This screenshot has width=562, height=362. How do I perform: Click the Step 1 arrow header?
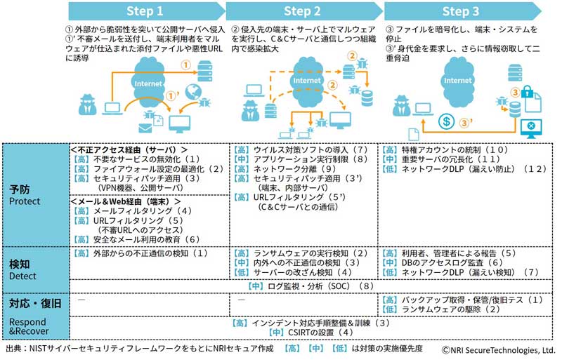coord(146,11)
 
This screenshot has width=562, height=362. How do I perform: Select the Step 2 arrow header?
coord(304,11)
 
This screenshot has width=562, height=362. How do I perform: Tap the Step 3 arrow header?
coord(462,11)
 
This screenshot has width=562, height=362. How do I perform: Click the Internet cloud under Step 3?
coord(457,81)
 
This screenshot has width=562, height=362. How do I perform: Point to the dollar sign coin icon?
coord(446,121)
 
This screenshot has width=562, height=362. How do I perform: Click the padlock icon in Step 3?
coord(527,92)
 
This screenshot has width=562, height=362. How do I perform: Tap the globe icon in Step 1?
coord(194,92)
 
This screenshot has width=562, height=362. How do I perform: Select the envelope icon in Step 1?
coord(145,128)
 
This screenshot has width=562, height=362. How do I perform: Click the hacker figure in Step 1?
coord(87,105)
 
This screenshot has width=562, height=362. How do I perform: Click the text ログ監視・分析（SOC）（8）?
coord(311,286)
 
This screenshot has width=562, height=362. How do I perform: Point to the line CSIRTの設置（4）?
coord(311,333)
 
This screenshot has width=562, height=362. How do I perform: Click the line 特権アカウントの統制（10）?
coord(445,149)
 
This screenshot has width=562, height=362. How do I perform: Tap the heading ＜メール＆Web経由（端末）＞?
coord(126,201)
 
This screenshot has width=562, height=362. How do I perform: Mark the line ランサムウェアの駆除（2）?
coord(441,309)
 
